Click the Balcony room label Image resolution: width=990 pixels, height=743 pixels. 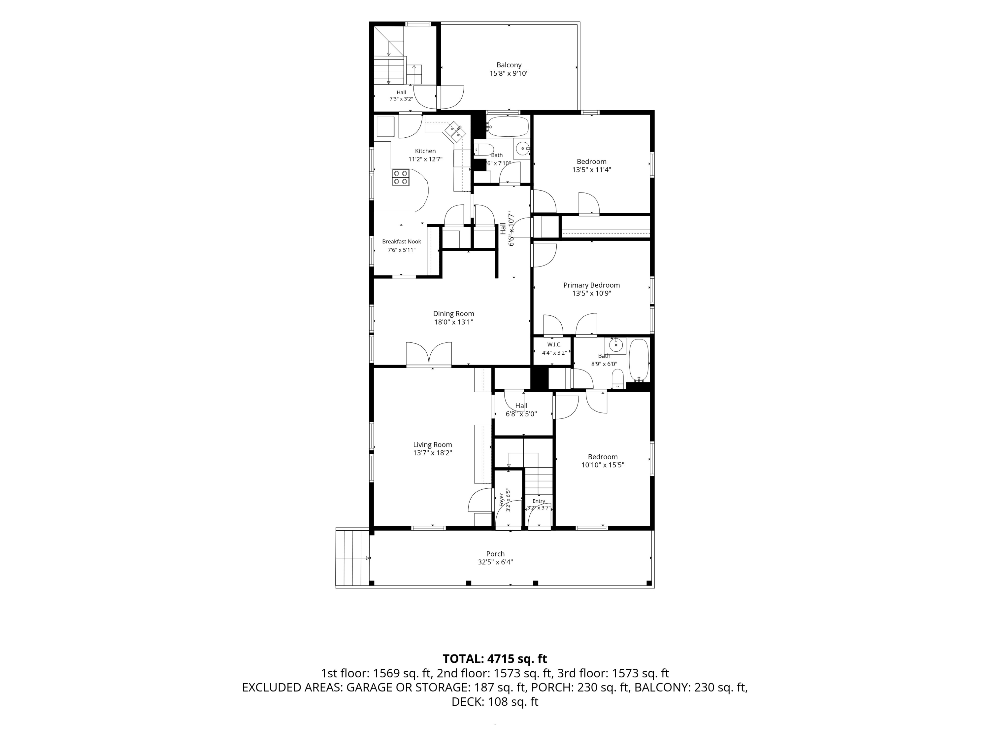coord(509,65)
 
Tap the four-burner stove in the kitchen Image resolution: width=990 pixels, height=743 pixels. coord(87,177)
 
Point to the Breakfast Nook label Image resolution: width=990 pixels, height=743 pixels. coord(402,242)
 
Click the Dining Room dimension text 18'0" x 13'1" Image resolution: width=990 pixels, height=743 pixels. coord(453,322)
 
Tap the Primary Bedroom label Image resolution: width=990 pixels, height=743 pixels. coord(591,285)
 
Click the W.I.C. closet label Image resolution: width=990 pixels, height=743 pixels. coord(554,344)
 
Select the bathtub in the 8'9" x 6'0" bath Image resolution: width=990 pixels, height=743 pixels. coord(639,361)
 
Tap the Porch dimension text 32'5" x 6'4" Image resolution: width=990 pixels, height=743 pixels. coord(495,562)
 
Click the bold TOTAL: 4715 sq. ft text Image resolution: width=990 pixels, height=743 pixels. coord(495,659)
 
